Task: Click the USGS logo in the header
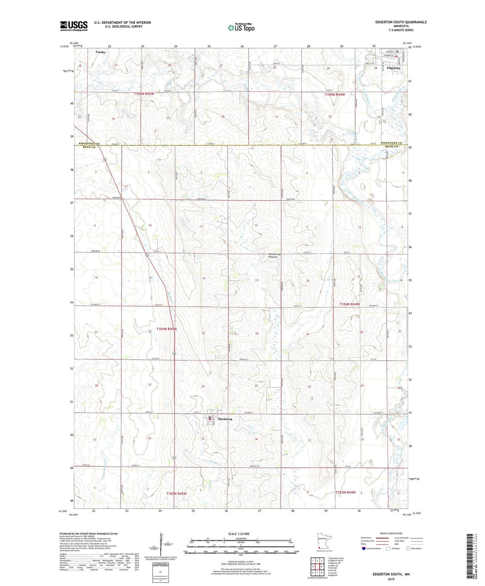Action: tap(74, 26)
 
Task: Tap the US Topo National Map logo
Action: tap(241, 27)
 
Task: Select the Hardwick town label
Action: tap(225, 419)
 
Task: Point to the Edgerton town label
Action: tap(393, 68)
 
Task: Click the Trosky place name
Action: tap(100, 52)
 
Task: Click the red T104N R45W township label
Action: tap(166, 329)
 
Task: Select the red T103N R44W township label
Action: tap(345, 492)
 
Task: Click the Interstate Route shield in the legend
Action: tap(364, 549)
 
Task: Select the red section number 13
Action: tap(256, 280)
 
